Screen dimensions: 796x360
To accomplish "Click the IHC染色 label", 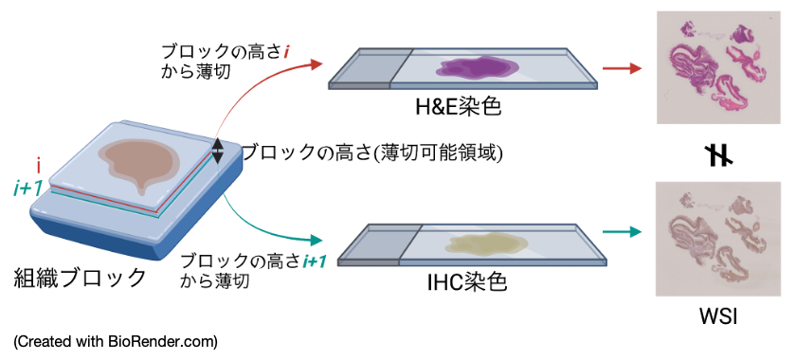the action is click(467, 283).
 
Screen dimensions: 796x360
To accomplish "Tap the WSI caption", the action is click(718, 316).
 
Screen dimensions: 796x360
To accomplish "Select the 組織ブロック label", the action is click(80, 278).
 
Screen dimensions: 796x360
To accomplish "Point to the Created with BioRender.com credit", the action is click(116, 342).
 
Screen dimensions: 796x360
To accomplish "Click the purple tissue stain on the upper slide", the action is click(479, 68).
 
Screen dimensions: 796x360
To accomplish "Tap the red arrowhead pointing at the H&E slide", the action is click(317, 64).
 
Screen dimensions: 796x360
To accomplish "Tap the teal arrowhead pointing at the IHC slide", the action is click(316, 240).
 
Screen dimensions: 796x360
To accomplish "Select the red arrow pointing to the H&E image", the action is click(622, 68).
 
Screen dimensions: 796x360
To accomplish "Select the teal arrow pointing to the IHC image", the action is click(622, 232).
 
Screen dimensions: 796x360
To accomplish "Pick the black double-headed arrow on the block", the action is click(217, 151).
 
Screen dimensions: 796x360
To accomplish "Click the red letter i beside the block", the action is click(39, 165).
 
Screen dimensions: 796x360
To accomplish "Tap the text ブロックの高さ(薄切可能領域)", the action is click(371, 153).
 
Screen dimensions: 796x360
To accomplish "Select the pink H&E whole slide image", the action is click(718, 67).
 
